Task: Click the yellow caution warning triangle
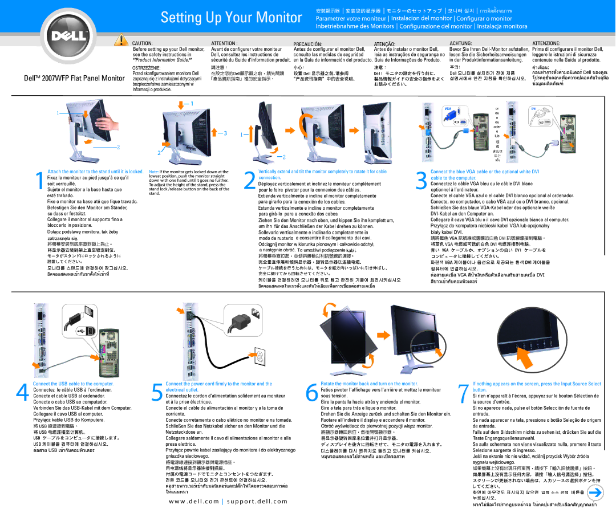tap(121, 40)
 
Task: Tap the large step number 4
tap(22, 393)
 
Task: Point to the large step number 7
tap(463, 393)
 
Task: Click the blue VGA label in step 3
tap(447, 108)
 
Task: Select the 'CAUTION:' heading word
tap(143, 43)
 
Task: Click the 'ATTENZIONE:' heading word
tap(546, 43)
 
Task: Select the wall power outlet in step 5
tap(260, 357)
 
